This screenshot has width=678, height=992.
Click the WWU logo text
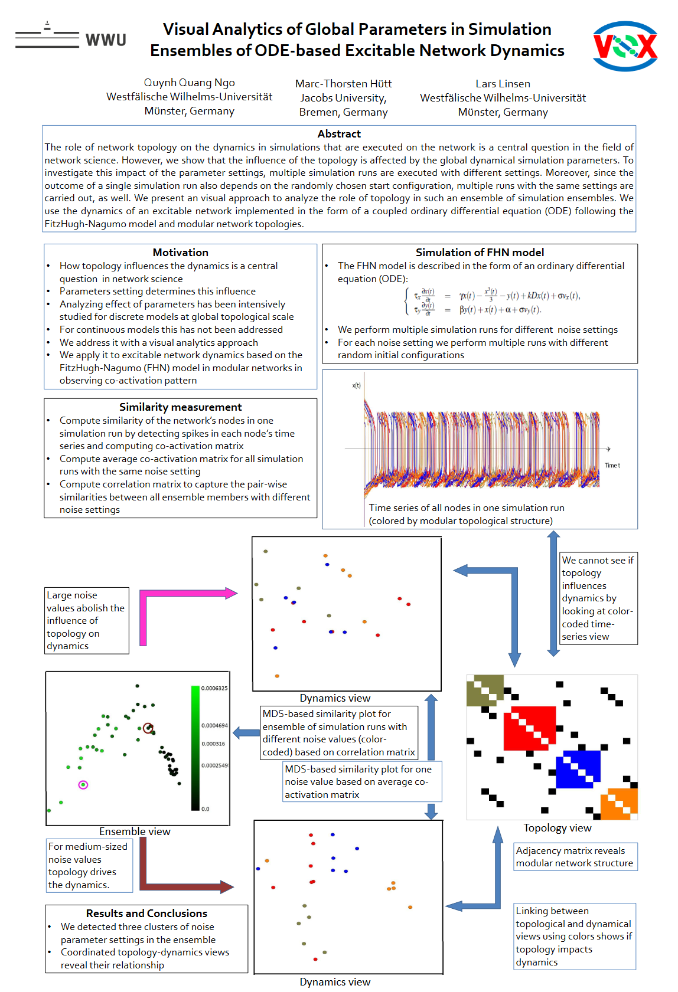point(106,40)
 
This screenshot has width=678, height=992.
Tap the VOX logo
point(625,46)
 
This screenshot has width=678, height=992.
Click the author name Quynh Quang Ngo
point(189,83)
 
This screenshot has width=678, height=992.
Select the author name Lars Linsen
point(503,84)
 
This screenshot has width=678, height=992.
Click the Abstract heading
point(339,134)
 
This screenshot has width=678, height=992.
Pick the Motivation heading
point(180,253)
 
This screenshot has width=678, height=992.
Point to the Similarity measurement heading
point(180,407)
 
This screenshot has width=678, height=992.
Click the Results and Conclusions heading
point(146,914)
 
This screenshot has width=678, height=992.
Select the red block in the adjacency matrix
point(530,728)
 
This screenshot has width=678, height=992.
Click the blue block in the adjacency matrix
point(578,769)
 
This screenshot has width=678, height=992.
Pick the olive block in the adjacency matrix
point(485,690)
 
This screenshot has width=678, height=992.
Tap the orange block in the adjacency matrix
point(619,804)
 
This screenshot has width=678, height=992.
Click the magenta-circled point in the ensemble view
point(83,785)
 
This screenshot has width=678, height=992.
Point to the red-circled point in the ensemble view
point(148,728)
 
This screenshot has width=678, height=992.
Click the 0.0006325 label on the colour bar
point(214,689)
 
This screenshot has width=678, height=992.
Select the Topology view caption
point(557,828)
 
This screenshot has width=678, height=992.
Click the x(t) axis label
point(356,386)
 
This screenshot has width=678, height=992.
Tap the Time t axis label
point(612,466)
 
